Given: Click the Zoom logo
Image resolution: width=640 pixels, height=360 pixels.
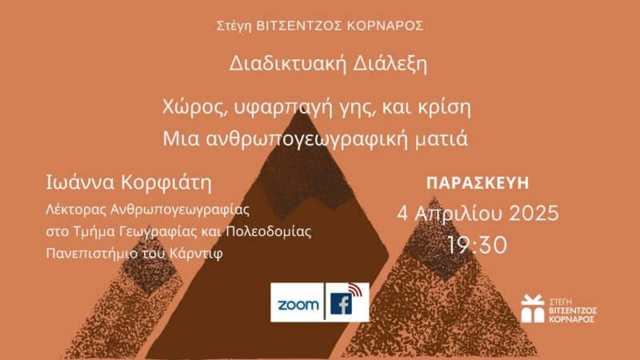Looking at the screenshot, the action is [x=298, y=305].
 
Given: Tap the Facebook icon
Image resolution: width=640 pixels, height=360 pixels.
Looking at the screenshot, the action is [x=342, y=304].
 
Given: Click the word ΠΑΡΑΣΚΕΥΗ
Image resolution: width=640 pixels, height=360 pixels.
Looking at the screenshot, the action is [x=478, y=183].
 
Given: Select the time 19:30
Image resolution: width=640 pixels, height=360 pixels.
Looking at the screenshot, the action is [x=477, y=246].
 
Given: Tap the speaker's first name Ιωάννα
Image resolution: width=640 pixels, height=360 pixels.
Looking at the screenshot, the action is [x=80, y=182].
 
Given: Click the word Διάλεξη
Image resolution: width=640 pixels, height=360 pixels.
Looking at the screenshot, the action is [x=390, y=64].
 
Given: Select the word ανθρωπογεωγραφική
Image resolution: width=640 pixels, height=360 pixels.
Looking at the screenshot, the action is [x=307, y=138].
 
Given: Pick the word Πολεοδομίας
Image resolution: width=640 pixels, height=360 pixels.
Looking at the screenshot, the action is [x=268, y=232].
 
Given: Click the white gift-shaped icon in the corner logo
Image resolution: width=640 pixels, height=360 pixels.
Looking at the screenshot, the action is [x=532, y=309].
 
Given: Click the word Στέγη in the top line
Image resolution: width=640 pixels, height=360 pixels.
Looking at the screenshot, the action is [x=234, y=26].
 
